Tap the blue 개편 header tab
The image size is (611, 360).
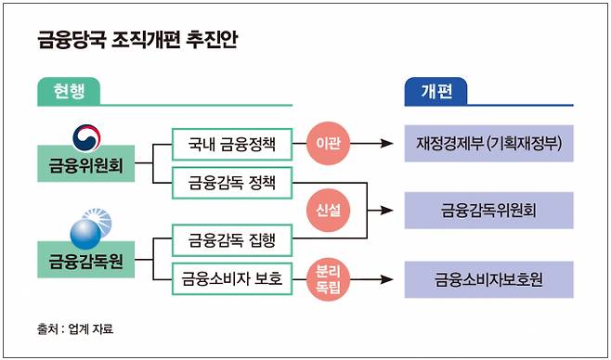click(x=435, y=92)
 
